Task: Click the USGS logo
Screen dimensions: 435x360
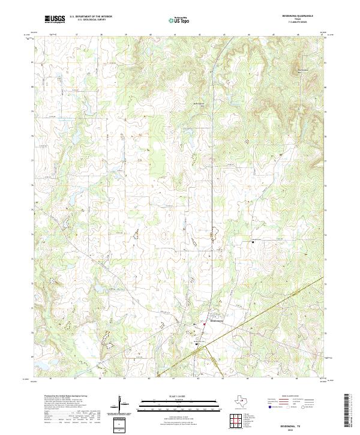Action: tap(55, 19)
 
